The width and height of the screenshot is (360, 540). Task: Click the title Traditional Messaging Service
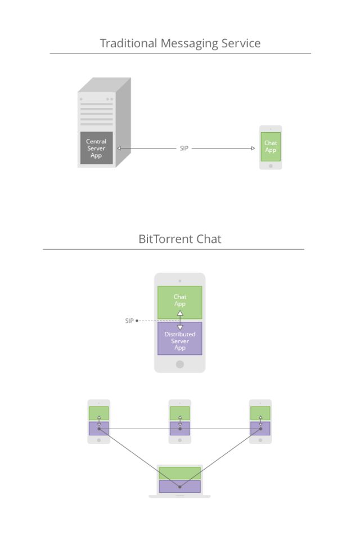pyautogui.click(x=180, y=43)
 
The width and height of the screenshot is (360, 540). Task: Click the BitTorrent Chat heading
pyautogui.click(x=180, y=239)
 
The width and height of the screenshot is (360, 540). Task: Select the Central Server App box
pyautogui.click(x=96, y=148)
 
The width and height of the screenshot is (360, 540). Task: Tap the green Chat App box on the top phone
pyautogui.click(x=271, y=147)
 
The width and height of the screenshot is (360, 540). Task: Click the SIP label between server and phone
pyautogui.click(x=184, y=148)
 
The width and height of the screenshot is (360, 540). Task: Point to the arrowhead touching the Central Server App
pyautogui.click(x=119, y=148)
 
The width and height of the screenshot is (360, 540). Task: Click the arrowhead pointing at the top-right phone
pyautogui.click(x=253, y=148)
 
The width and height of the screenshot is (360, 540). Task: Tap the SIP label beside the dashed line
pyautogui.click(x=129, y=321)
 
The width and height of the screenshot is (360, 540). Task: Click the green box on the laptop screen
pyautogui.click(x=179, y=473)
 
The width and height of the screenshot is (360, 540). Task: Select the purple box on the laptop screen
pyautogui.click(x=179, y=486)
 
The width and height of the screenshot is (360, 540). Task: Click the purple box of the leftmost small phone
pyautogui.click(x=98, y=429)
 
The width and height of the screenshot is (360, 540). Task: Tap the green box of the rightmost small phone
pyautogui.click(x=260, y=413)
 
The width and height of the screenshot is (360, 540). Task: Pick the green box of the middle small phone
pyautogui.click(x=179, y=413)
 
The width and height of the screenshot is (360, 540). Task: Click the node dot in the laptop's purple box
pyautogui.click(x=179, y=486)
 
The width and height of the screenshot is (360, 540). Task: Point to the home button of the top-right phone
pyautogui.click(x=271, y=166)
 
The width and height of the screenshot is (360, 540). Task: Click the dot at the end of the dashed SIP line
pyautogui.click(x=137, y=321)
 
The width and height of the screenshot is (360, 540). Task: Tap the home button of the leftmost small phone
pyautogui.click(x=98, y=440)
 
